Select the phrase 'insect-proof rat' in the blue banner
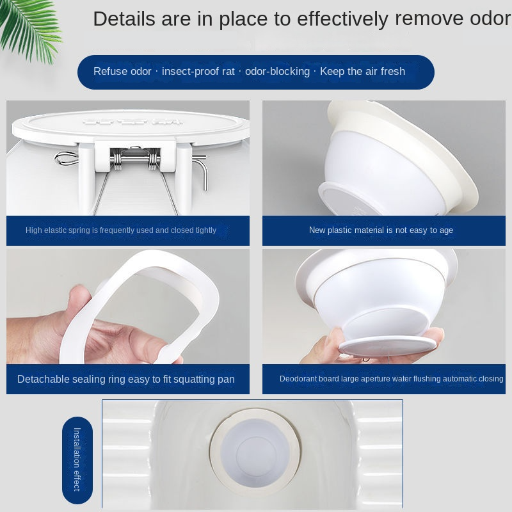pyautogui.click(x=198, y=71)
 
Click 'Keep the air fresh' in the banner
pyautogui.click(x=362, y=71)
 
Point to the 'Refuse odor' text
pyautogui.click(x=122, y=71)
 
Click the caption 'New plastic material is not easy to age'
pyautogui.click(x=381, y=230)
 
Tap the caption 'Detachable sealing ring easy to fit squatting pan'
pyautogui.click(x=126, y=379)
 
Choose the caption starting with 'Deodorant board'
pyautogui.click(x=391, y=379)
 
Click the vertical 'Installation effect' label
pyautogui.click(x=77, y=459)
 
